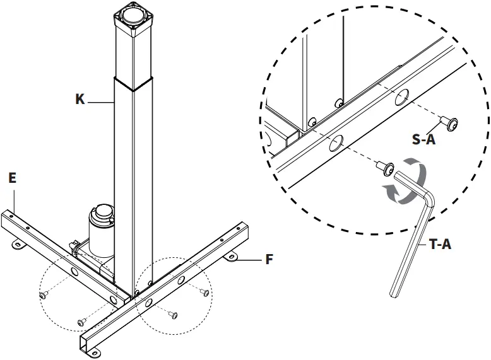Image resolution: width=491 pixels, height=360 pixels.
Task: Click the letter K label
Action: (80, 100)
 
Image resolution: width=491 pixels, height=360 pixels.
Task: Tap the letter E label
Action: (12, 178)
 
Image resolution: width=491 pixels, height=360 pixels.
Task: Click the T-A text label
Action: (440, 244)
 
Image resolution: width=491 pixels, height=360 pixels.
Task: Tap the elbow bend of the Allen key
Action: (427, 200)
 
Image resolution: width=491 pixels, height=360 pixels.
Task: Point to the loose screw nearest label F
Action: (205, 292)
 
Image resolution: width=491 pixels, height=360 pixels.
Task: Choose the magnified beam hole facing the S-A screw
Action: (401, 98)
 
